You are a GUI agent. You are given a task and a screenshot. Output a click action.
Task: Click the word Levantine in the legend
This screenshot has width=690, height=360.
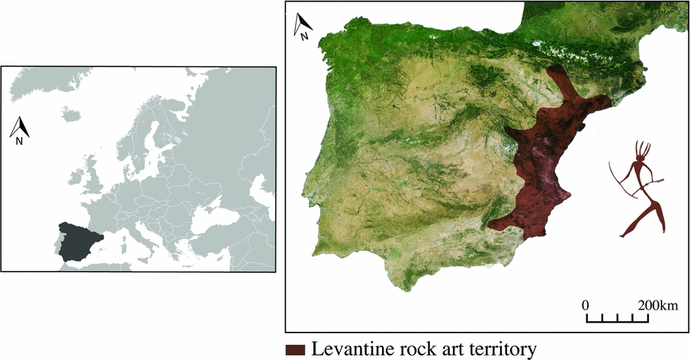click(x=350, y=349)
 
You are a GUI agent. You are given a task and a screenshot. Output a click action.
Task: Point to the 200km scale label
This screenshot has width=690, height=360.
click(x=657, y=305)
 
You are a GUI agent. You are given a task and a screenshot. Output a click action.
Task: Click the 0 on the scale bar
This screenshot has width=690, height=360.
click(x=586, y=305)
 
